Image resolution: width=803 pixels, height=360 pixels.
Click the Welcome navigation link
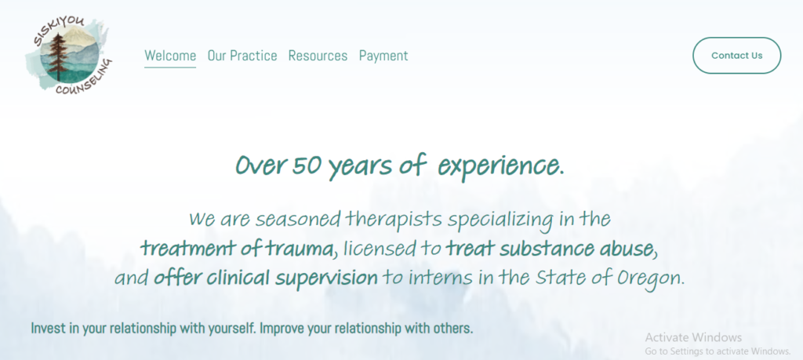pos(170,56)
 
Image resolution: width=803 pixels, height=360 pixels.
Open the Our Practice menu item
pos(242,56)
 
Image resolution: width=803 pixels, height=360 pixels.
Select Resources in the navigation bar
pos(318,56)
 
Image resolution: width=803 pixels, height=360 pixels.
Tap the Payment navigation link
pos(383,56)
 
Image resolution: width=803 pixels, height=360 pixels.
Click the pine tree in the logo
pos(58,56)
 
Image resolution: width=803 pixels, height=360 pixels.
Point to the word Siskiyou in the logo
pos(57,30)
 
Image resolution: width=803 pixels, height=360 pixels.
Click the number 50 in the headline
pos(307,165)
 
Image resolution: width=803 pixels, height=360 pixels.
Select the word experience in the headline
pos(501,166)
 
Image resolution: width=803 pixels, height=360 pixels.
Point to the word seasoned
pos(298,219)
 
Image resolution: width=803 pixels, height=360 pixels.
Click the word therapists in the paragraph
pos(394,220)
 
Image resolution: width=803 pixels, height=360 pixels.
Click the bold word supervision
pos(327,278)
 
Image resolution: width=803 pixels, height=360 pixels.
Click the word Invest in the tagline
pos(49,328)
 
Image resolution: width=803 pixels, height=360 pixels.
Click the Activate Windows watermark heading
pos(693,337)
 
